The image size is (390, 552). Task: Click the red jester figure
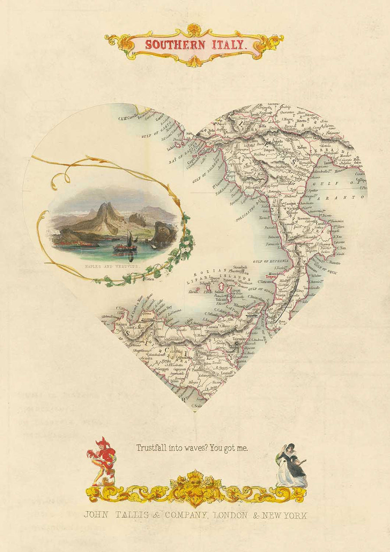point(102,459)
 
